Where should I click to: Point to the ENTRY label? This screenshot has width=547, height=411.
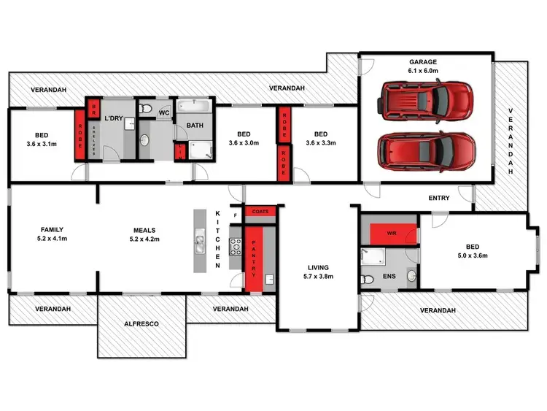(438, 198)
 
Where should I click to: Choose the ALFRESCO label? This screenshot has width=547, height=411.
(141, 323)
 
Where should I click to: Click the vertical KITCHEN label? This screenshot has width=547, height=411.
(217, 239)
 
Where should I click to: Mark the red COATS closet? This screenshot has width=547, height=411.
(260, 212)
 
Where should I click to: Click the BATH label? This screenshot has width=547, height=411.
(195, 126)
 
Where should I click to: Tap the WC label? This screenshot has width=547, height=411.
(164, 113)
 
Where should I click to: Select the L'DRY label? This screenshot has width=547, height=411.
(113, 118)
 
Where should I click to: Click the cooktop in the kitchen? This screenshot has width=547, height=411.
(235, 245)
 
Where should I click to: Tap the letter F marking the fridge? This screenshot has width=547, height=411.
(235, 216)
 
